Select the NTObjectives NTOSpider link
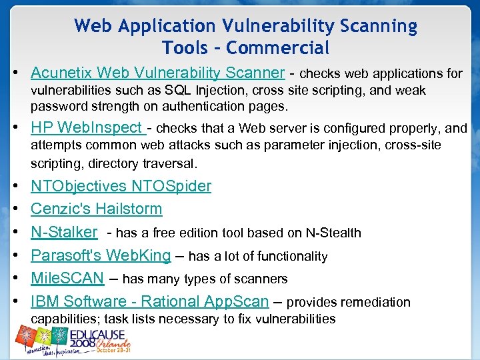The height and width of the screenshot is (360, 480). tap(121, 186)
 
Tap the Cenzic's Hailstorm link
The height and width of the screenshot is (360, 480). tap(96, 209)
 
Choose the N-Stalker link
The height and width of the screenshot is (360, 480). tap(64, 232)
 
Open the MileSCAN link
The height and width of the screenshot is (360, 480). tap(67, 279)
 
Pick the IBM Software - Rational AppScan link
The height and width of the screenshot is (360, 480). tap(149, 301)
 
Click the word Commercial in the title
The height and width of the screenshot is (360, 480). tap(279, 48)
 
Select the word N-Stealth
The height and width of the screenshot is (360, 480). tap(333, 233)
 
